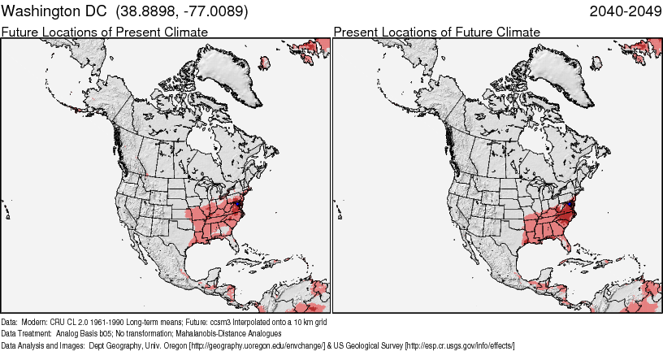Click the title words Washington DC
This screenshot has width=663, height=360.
pos(54,12)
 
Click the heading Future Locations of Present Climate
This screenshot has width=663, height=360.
pos(105,32)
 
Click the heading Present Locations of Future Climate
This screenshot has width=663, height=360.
pos(436,32)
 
